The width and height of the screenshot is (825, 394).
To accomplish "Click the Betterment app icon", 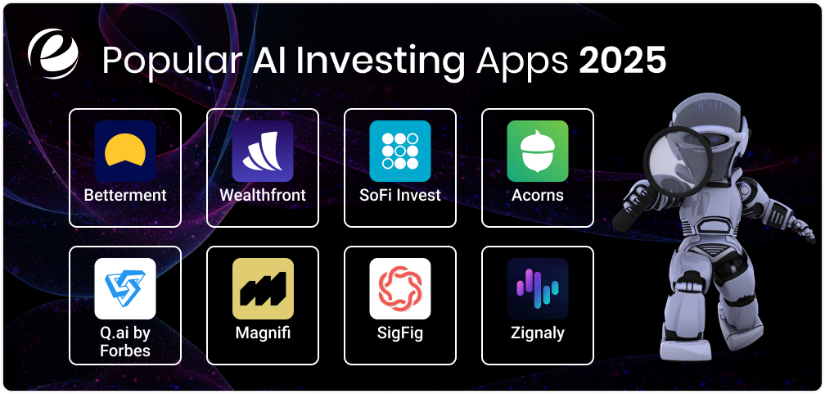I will tap(125, 151).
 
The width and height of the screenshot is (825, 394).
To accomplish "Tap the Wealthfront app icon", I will tap(263, 151).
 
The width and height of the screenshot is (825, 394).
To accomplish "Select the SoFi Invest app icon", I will tap(400, 151).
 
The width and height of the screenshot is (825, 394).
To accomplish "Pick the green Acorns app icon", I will tap(538, 151).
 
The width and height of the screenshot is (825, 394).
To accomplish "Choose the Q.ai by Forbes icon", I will tap(125, 288).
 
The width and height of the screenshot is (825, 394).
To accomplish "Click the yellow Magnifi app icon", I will tap(263, 288).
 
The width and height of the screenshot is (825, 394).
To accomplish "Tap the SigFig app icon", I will tap(400, 288).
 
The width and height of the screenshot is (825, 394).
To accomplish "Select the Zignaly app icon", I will tap(538, 288).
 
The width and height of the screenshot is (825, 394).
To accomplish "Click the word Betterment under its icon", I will tap(125, 196).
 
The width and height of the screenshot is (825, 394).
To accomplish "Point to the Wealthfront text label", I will tap(263, 196).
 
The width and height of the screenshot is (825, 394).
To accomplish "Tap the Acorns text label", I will tap(538, 196).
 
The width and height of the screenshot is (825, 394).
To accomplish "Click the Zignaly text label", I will tap(538, 333).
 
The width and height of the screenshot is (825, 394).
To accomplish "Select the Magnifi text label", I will tap(263, 333).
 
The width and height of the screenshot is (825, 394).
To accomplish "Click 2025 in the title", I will tap(623, 61).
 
